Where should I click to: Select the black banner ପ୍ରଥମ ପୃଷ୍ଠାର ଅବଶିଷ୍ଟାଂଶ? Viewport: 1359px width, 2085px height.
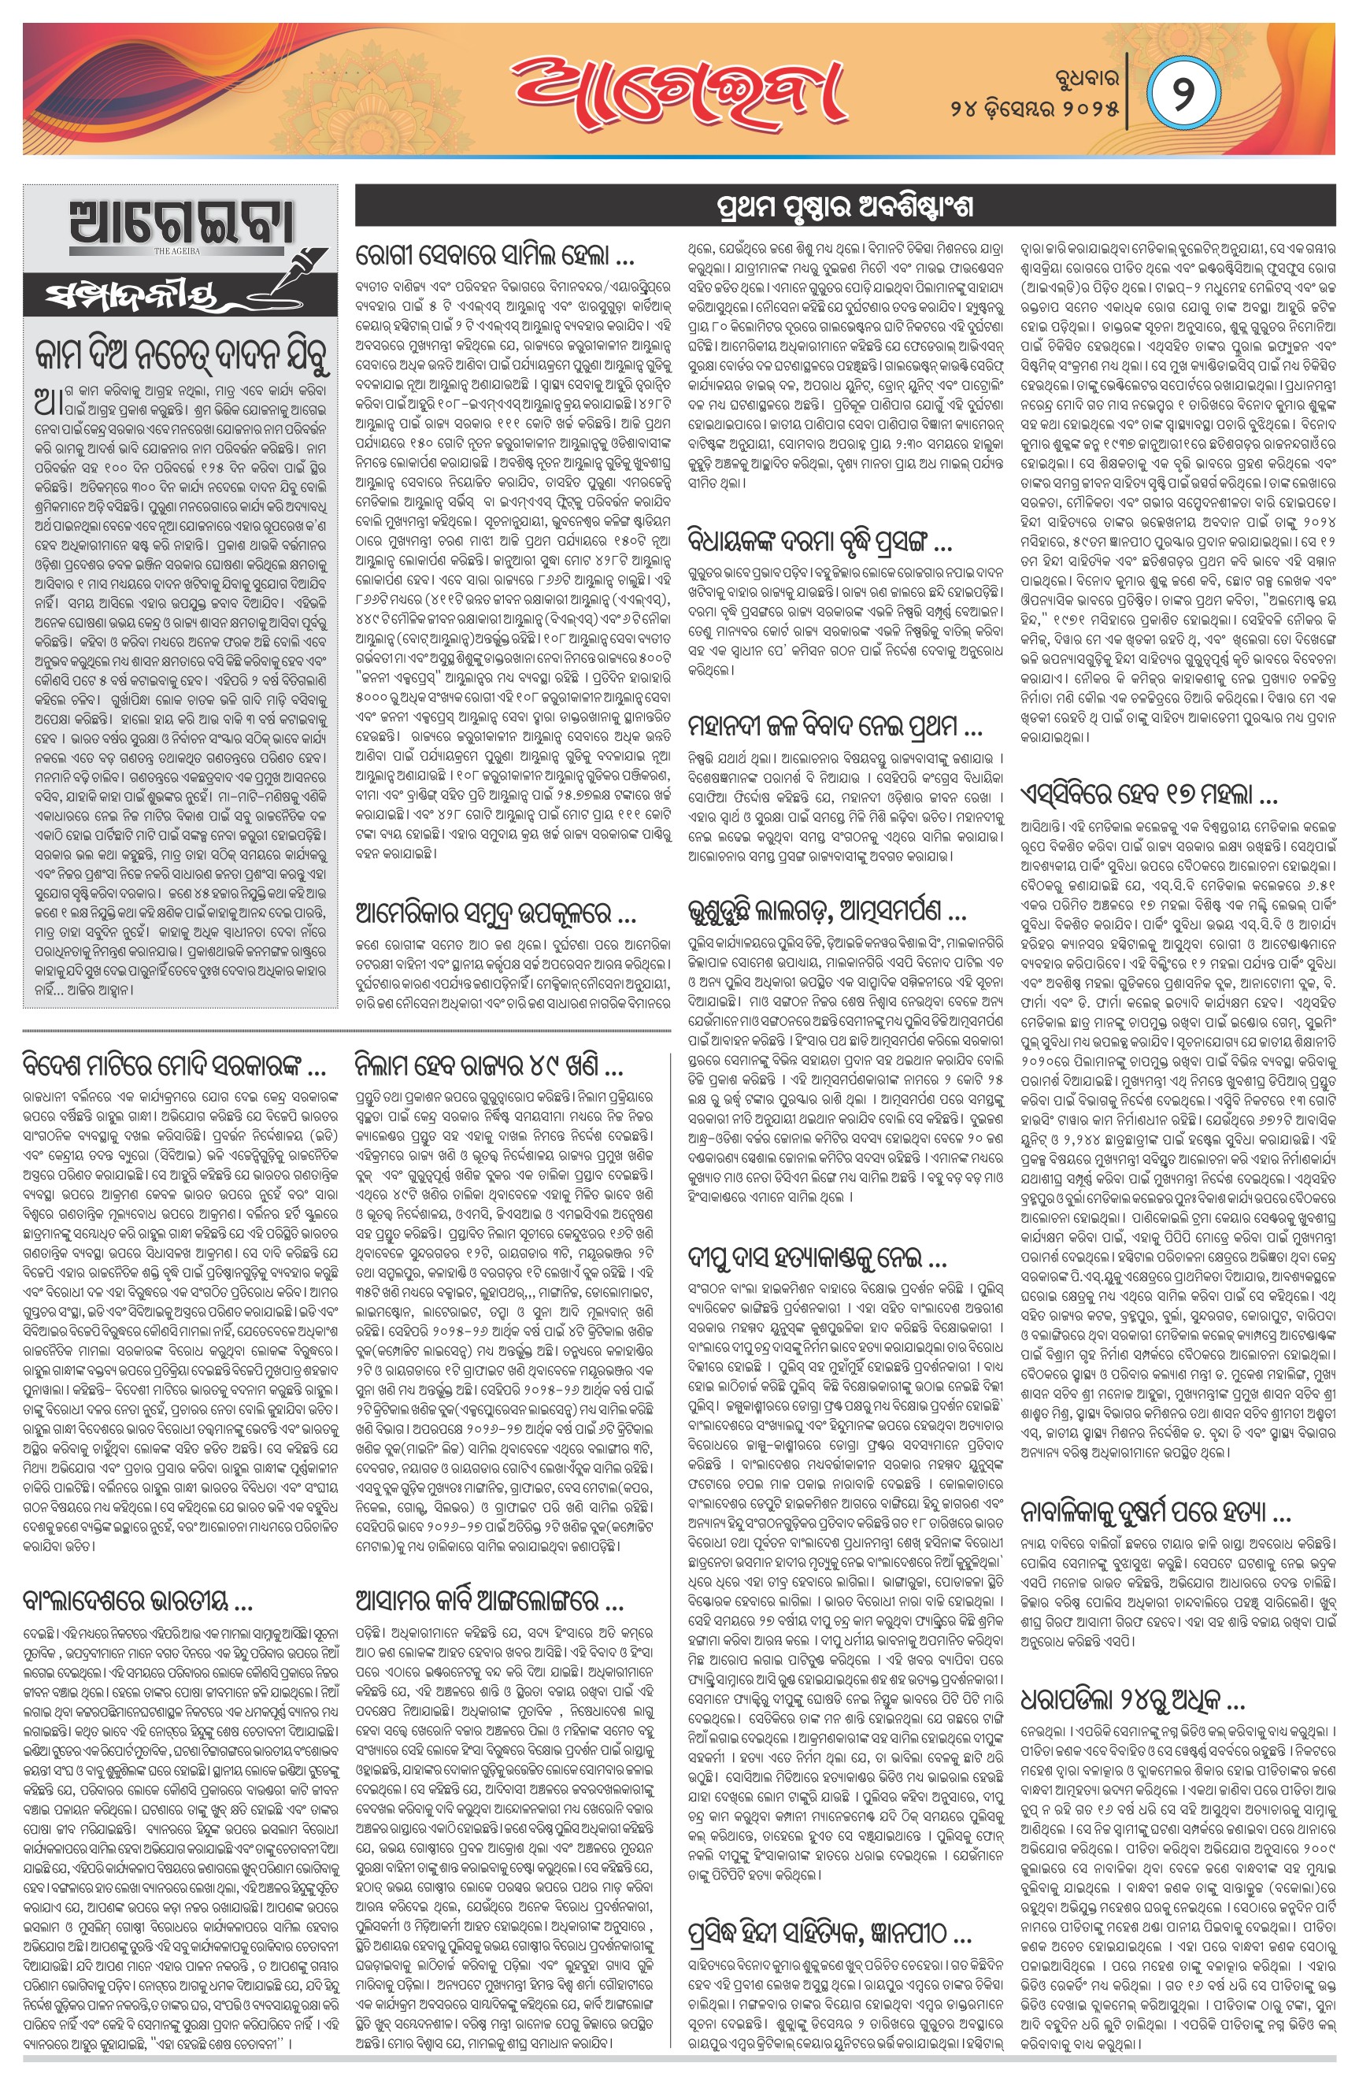pyautogui.click(x=845, y=208)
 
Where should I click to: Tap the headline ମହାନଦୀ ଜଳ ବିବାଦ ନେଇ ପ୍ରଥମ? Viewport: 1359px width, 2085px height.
pyautogui.click(x=835, y=726)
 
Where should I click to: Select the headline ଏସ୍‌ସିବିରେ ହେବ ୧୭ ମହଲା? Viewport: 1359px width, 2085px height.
pyautogui.click(x=1149, y=794)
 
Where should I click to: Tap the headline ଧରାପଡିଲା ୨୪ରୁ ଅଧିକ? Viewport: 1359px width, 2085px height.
pyautogui.click(x=1132, y=1701)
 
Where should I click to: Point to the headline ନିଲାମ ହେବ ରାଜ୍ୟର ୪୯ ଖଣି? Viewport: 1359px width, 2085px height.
pyautogui.click(x=488, y=1066)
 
